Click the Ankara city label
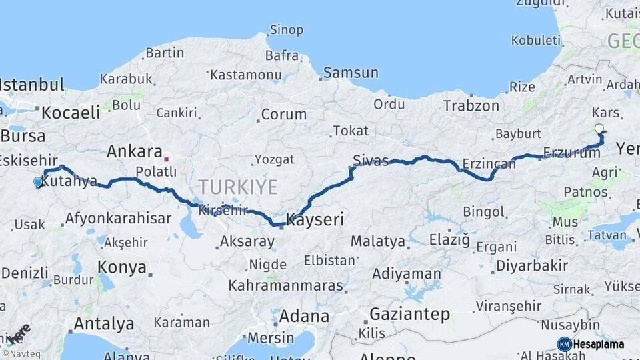135,151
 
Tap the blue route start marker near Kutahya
38,181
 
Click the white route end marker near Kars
599,129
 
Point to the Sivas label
371,161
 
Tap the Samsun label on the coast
351,73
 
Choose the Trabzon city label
471,105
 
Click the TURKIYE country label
237,187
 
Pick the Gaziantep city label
409,314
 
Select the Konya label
122,267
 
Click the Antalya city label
103,324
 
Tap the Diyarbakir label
531,266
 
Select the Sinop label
286,30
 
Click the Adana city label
303,315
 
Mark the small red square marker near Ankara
166,159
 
